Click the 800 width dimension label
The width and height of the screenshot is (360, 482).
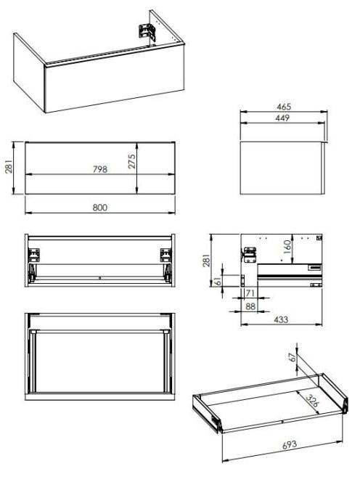point(100,208)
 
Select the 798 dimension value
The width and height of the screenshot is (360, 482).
point(100,169)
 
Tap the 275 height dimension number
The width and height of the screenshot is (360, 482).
point(131,161)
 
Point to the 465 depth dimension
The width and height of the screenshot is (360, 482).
point(284,107)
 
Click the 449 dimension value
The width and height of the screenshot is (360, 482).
point(282,118)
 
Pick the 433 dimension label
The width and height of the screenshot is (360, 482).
point(281,319)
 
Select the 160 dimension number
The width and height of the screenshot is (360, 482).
point(287,247)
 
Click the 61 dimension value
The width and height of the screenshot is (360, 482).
point(217,281)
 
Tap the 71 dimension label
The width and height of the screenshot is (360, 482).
point(250,293)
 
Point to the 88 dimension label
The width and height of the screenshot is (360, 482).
point(250,306)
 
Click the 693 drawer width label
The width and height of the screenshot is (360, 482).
point(290,444)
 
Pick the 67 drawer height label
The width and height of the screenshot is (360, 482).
point(292,357)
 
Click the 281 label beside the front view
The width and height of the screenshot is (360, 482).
point(9,166)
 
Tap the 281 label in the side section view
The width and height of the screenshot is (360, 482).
point(207,260)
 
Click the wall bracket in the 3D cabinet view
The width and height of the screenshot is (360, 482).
point(147,32)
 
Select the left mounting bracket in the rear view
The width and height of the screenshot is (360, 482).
point(34,255)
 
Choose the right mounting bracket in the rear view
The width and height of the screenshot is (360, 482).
point(166,255)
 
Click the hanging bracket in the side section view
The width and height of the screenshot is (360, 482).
point(249,255)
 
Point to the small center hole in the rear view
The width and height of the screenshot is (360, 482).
point(100,278)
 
